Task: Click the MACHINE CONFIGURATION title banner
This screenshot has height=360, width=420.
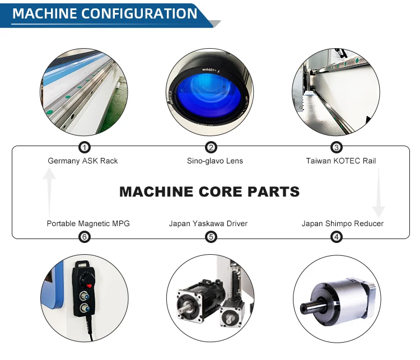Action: coord(105,13)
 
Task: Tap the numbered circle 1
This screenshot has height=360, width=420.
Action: coord(84,147)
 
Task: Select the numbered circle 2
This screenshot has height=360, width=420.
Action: coord(211,147)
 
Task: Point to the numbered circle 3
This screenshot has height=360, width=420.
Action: coord(337,147)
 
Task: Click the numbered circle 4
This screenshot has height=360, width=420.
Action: coord(337,237)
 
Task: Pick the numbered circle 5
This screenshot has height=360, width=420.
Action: coord(211,237)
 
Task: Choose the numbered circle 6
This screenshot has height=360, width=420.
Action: coord(84,237)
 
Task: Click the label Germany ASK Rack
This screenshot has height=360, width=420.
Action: coord(83,161)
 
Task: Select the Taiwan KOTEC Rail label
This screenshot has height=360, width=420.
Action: coord(341,161)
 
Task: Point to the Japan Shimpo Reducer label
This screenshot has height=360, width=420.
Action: coord(343,224)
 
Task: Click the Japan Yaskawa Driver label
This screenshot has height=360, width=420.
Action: coord(208,224)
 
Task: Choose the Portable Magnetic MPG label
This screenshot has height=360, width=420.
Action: coord(88,224)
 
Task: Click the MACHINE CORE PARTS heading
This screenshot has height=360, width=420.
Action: coord(209,192)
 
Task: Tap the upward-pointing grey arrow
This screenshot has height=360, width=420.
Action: coord(50,190)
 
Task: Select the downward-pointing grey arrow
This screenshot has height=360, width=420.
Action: coord(379,193)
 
